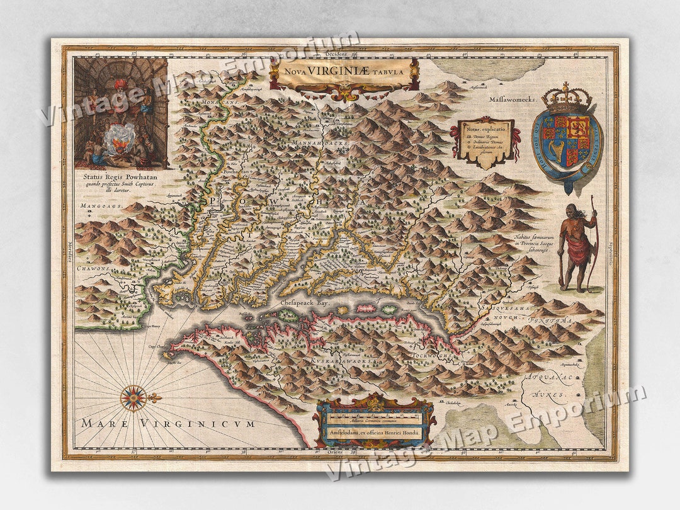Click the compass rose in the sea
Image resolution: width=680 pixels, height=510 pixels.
click(x=133, y=397)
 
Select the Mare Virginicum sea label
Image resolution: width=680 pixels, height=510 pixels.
click(x=167, y=424)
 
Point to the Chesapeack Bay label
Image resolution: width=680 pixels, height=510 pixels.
click(x=305, y=303)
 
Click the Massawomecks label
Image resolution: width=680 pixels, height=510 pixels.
click(x=511, y=99)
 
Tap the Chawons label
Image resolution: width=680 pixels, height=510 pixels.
click(x=93, y=268)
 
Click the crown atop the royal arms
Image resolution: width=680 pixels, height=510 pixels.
click(x=565, y=98)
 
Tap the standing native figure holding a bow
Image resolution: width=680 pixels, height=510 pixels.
click(x=576, y=247)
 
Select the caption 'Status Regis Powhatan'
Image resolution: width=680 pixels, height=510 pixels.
click(x=120, y=177)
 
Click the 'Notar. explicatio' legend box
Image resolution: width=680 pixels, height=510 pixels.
click(x=484, y=142)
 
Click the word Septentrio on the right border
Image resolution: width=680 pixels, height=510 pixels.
click(x=610, y=252)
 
